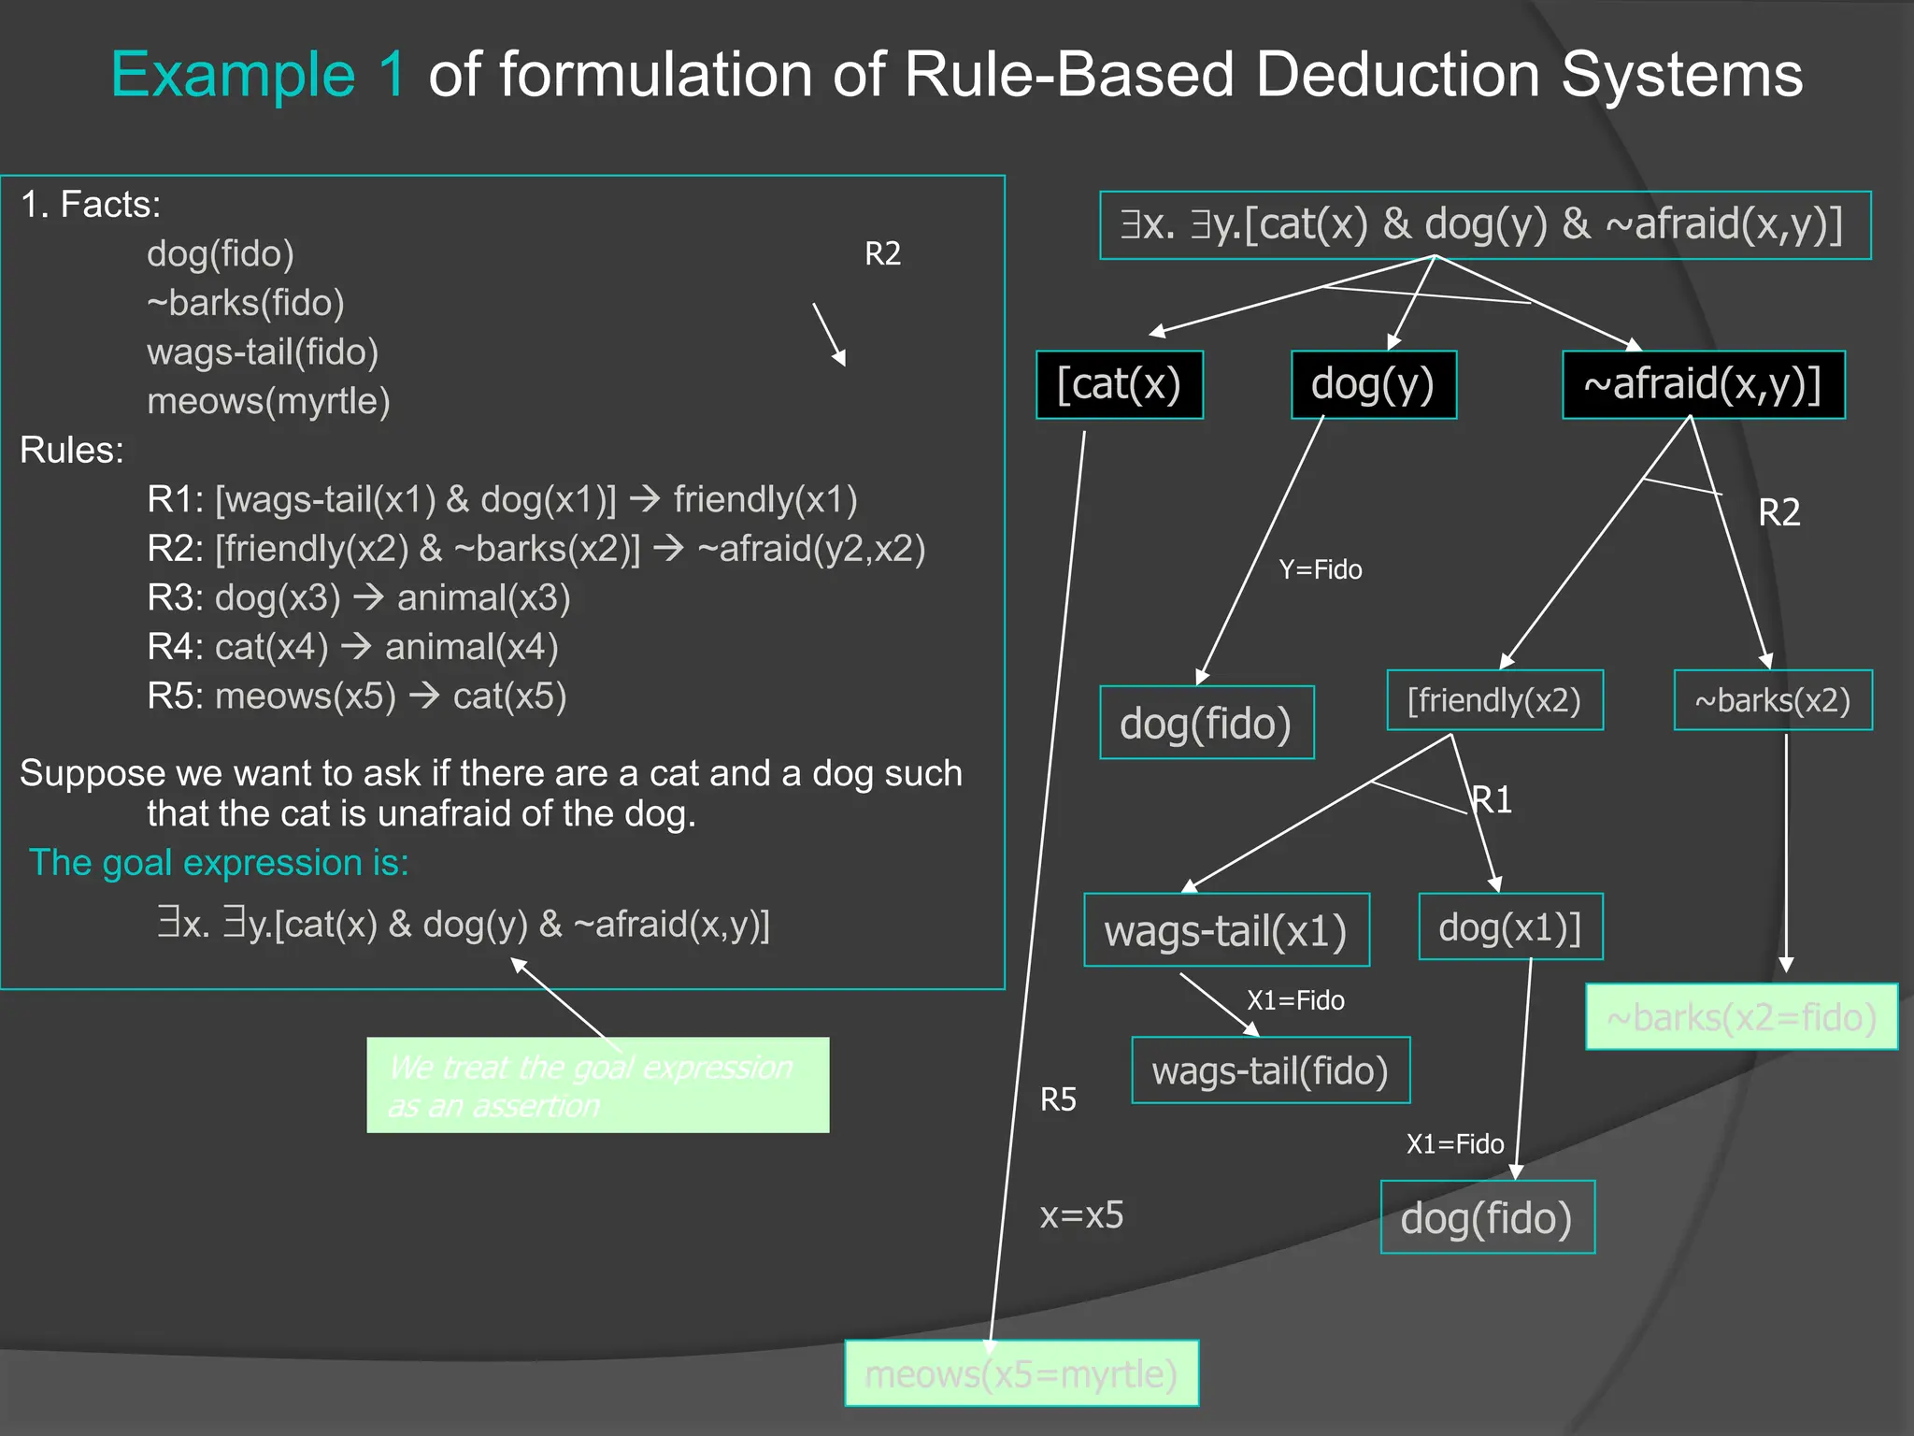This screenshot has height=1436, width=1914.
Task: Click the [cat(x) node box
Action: [1119, 384]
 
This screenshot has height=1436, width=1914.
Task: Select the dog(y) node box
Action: [1373, 384]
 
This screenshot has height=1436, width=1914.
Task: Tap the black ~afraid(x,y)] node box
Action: [1703, 384]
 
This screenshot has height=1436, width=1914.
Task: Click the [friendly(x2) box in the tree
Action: [1494, 700]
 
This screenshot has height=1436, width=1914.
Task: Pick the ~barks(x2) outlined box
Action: [1772, 700]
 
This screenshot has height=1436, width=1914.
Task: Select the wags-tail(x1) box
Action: [1226, 930]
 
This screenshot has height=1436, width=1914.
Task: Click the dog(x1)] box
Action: [1510, 926]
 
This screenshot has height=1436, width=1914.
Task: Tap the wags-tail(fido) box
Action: [1270, 1070]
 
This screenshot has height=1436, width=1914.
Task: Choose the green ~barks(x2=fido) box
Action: [1741, 1016]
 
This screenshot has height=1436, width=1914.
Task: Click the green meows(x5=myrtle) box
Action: [1021, 1373]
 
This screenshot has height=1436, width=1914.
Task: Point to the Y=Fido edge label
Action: [1320, 569]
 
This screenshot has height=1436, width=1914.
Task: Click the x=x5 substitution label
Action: [1081, 1214]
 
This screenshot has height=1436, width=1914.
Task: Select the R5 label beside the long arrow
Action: [1058, 1099]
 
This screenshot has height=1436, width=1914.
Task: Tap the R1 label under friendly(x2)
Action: [1493, 799]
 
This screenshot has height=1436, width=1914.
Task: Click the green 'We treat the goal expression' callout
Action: [597, 1085]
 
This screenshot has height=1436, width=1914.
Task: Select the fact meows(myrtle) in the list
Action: [268, 401]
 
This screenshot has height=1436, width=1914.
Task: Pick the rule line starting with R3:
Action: [358, 597]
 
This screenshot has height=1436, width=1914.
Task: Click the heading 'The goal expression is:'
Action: [219, 862]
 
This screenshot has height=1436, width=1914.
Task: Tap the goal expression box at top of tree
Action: [1484, 225]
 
